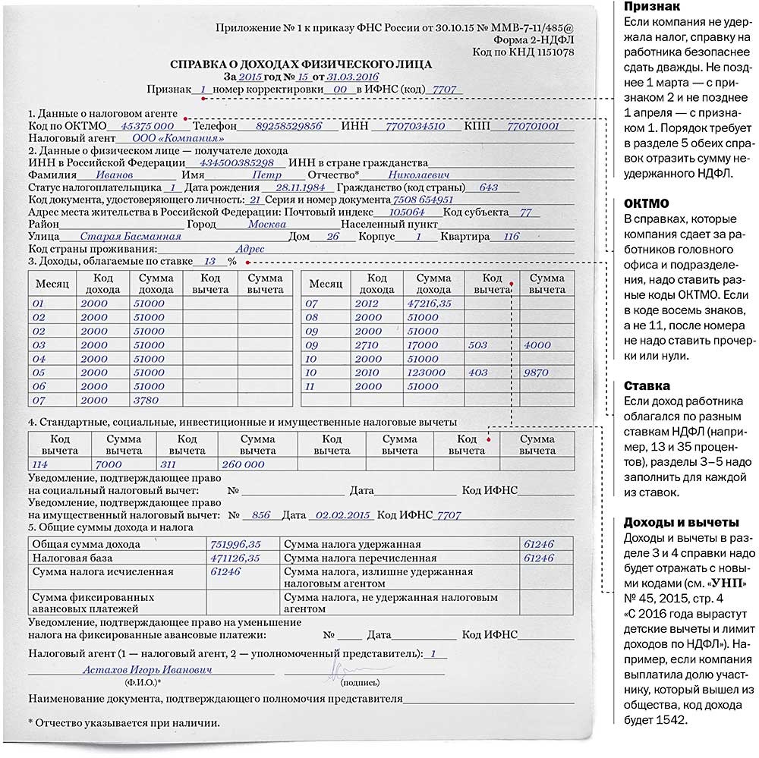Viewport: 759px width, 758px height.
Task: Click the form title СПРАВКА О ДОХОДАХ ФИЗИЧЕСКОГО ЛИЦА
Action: pyautogui.click(x=301, y=64)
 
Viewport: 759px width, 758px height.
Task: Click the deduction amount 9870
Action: pyautogui.click(x=536, y=373)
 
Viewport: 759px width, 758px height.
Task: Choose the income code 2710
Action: pyautogui.click(x=369, y=345)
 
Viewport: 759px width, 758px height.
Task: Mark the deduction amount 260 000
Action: pyautogui.click(x=244, y=464)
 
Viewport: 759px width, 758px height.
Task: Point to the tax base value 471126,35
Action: pyautogui.click(x=235, y=558)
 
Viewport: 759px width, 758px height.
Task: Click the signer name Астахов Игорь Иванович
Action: pyautogui.click(x=148, y=670)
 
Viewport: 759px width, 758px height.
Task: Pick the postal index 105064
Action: pyautogui.click(x=406, y=212)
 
